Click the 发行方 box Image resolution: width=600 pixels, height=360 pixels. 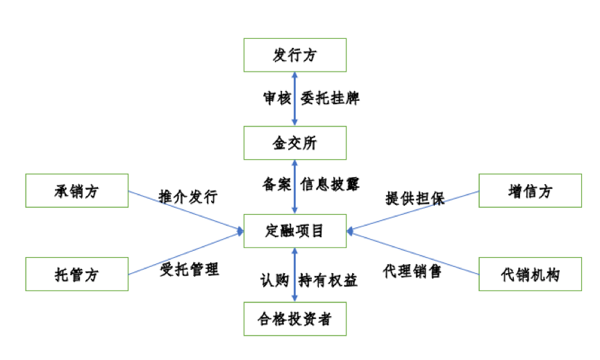[294, 55]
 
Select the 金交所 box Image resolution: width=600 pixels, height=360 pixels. [294, 143]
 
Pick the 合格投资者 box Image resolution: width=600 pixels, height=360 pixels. [294, 319]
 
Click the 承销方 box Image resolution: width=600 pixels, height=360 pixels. [76, 190]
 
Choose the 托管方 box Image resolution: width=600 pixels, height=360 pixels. [76, 274]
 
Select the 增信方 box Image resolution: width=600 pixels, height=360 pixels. [530, 190]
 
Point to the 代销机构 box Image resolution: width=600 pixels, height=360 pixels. [530, 274]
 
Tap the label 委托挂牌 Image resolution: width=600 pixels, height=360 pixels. [330, 99]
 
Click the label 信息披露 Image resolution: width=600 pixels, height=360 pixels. [330, 185]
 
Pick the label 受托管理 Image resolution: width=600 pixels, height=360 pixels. [189, 269]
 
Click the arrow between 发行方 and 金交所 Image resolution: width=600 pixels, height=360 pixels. [295, 99]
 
